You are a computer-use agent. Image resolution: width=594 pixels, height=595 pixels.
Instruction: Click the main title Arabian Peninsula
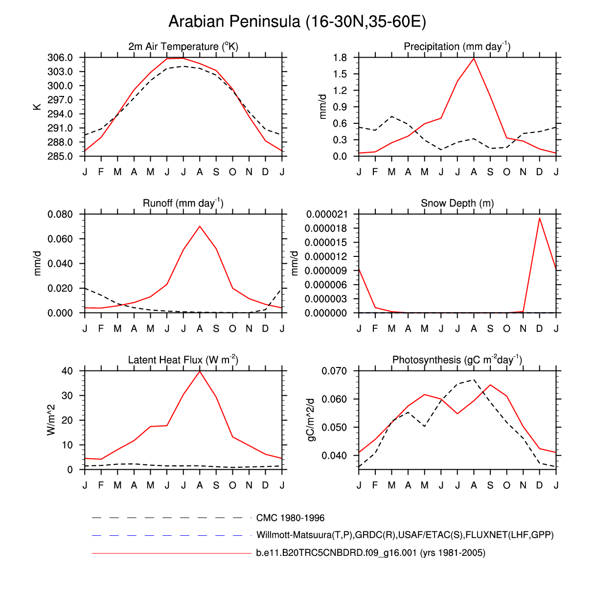click(x=297, y=22)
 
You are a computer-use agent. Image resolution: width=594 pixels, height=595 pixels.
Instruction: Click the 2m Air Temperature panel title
click(x=183, y=46)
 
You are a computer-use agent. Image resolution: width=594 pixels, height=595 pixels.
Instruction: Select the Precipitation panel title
click(x=457, y=46)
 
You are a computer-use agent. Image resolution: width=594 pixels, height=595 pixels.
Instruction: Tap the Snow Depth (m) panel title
click(x=457, y=203)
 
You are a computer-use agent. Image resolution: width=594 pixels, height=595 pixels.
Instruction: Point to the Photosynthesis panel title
click(x=457, y=360)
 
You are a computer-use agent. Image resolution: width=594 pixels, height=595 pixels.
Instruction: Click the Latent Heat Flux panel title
click(x=183, y=360)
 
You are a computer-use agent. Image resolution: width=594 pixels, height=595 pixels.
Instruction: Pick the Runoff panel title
click(x=183, y=203)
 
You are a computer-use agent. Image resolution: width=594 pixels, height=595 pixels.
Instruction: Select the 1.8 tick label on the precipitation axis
click(x=340, y=58)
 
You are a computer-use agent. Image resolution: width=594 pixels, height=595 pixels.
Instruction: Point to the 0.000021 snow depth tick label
click(x=327, y=214)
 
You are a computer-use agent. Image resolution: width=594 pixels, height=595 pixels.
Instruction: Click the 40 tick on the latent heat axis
click(x=67, y=371)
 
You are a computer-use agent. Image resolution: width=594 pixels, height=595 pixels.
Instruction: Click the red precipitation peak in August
click(x=474, y=58)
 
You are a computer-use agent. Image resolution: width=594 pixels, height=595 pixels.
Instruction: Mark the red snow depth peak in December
click(x=540, y=218)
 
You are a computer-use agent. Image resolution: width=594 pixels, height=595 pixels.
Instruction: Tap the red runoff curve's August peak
click(x=200, y=226)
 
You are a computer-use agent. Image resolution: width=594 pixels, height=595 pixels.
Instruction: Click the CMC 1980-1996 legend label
click(x=290, y=518)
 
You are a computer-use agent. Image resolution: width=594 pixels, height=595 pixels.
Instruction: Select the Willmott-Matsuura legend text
click(x=405, y=535)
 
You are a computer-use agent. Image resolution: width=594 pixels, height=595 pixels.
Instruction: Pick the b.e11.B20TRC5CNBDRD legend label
click(x=370, y=553)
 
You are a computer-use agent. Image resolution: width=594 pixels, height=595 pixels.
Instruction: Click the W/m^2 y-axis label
click(x=51, y=420)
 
